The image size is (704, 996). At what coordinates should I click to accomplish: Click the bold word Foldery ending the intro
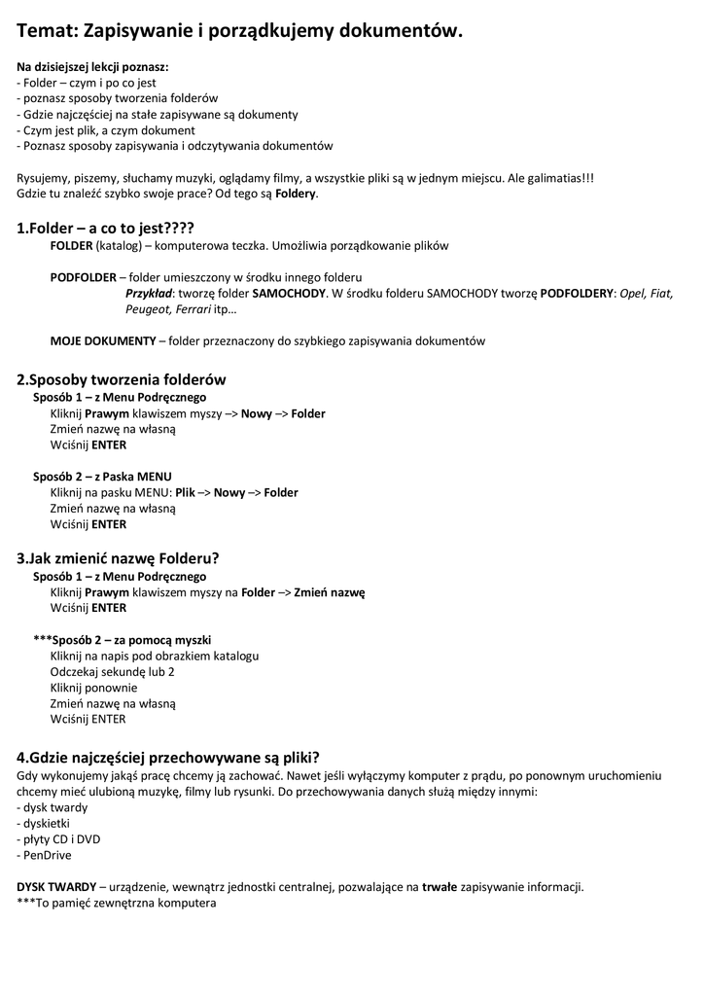click(296, 193)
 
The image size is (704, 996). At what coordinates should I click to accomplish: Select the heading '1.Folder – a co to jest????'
click(98, 228)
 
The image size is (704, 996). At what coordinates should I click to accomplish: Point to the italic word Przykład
click(149, 293)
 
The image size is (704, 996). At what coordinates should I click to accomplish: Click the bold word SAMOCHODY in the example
click(289, 293)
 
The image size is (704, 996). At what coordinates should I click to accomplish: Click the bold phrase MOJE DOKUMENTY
click(103, 340)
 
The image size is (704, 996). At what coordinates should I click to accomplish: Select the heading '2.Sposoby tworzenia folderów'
click(122, 379)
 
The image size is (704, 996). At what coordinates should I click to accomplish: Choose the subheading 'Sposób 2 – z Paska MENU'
click(102, 477)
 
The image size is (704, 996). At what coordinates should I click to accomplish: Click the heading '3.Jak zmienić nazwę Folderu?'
click(118, 558)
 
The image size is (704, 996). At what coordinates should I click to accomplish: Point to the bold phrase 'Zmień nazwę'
click(329, 591)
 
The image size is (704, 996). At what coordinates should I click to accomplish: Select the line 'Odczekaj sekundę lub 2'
click(112, 671)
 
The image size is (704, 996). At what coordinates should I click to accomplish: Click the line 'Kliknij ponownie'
click(93, 687)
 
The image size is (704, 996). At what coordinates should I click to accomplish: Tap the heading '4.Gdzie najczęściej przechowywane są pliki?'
click(168, 757)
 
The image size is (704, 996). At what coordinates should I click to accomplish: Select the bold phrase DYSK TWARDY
click(56, 886)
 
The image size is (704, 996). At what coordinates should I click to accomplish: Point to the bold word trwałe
click(439, 886)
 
